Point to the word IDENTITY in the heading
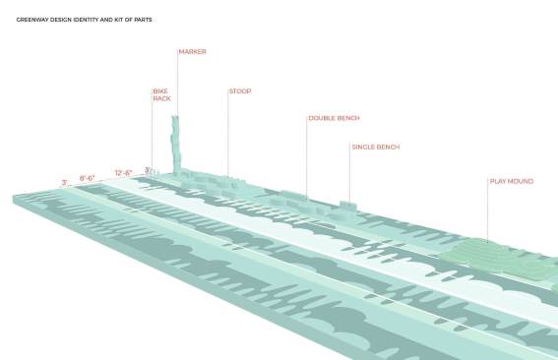(86, 20)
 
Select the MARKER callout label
(193, 51)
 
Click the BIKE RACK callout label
(162, 94)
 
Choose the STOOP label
(240, 91)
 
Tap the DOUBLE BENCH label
(335, 118)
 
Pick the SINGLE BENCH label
(376, 147)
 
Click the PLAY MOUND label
(512, 181)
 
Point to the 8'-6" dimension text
(87, 177)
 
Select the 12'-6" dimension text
(123, 173)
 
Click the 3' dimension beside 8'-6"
(64, 183)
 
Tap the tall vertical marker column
(176, 145)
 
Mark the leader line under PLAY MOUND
(487, 210)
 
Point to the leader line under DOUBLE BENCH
(306, 157)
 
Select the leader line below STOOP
(227, 133)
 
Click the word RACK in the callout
(162, 98)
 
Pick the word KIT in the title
(118, 20)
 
